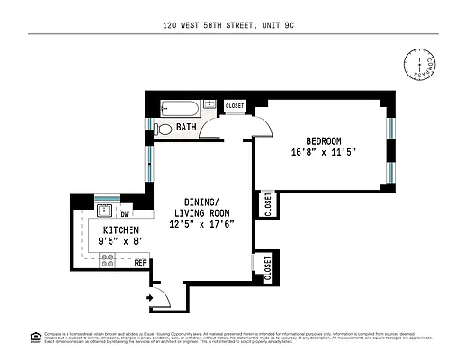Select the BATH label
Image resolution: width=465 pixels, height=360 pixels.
tap(186, 128)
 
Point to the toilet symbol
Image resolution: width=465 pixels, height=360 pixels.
tap(164, 129)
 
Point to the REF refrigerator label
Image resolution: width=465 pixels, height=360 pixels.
tap(139, 263)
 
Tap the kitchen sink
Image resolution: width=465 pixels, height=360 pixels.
tap(105, 212)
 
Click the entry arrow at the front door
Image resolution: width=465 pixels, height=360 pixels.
tap(148, 297)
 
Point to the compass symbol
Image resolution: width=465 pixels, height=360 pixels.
tap(419, 65)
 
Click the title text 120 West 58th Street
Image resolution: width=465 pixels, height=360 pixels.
tap(232, 27)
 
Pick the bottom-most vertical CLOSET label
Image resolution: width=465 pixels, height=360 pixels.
tap(267, 268)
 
